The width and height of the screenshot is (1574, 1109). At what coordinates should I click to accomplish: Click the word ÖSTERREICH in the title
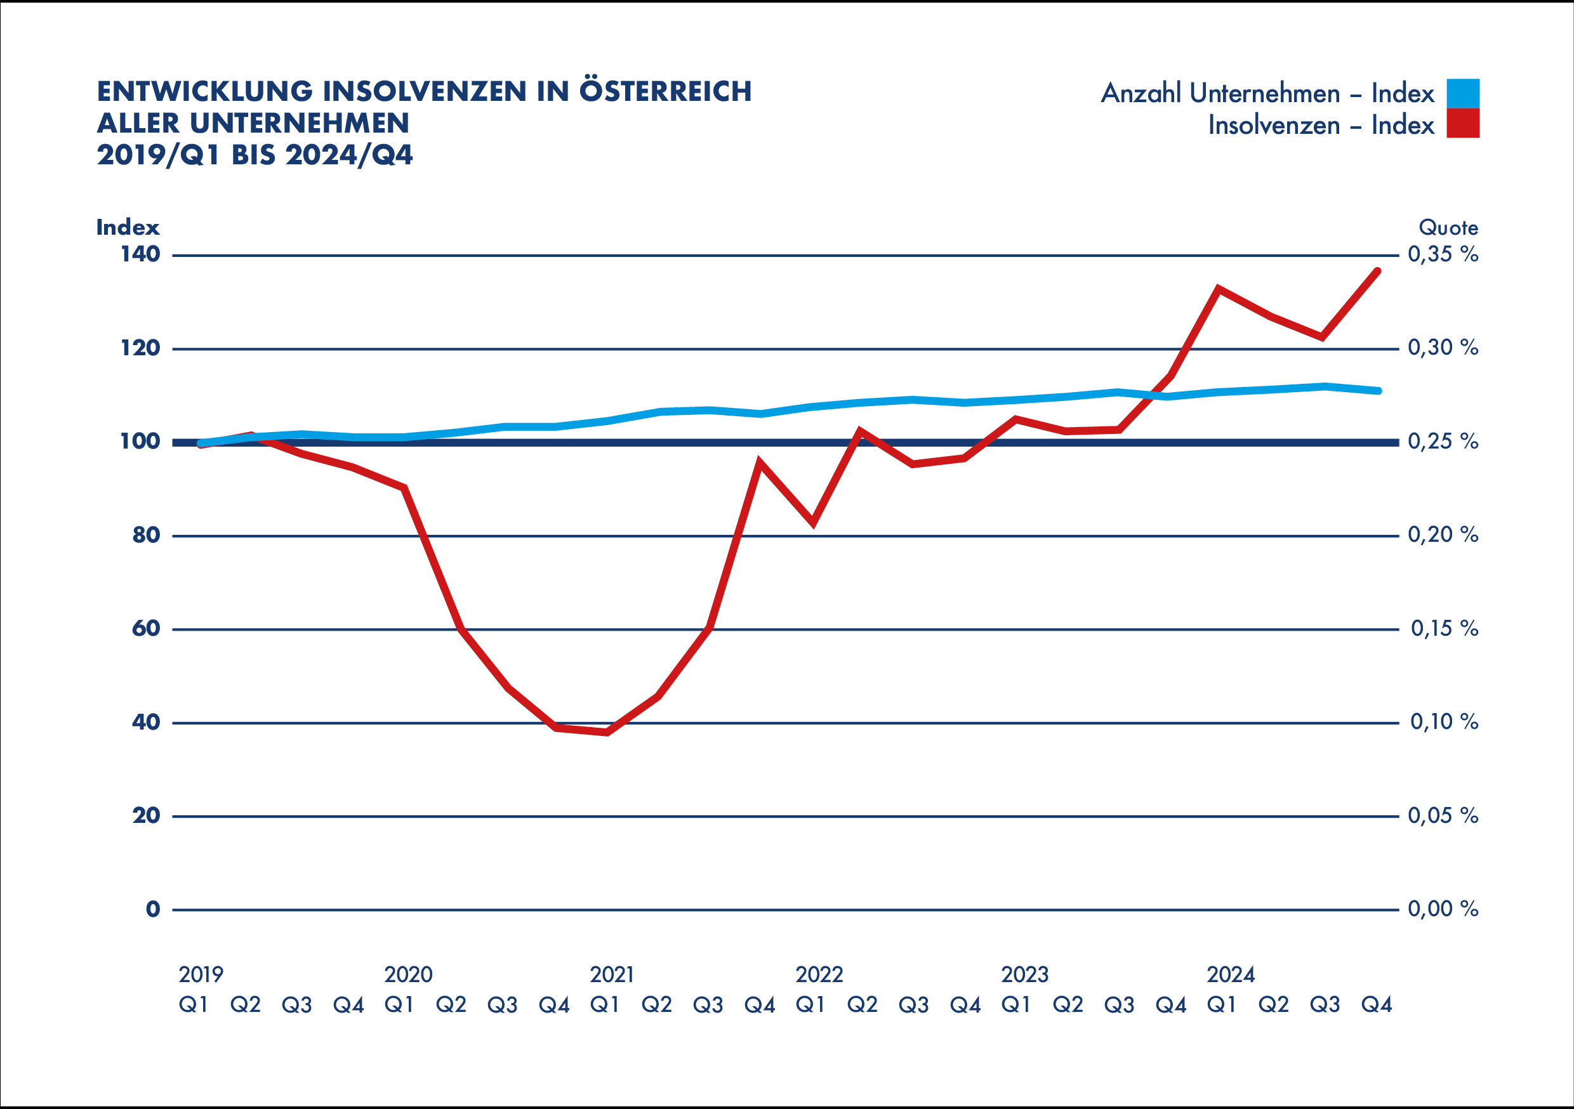click(665, 92)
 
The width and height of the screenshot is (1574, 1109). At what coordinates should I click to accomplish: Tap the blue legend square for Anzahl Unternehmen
click(1462, 93)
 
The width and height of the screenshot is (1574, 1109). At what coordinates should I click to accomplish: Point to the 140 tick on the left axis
click(140, 255)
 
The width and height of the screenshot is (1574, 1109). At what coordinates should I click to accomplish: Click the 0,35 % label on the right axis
click(1443, 255)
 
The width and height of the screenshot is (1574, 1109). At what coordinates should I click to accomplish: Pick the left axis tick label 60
click(145, 629)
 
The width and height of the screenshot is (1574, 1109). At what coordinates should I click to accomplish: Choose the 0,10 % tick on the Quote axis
click(1444, 722)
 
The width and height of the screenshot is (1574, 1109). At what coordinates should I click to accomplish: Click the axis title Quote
click(1448, 228)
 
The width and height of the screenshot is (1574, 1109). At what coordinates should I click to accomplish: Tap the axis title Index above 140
click(128, 228)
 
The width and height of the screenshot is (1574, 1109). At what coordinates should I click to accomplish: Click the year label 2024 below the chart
click(1231, 974)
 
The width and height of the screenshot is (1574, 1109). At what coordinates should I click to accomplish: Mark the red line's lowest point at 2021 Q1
click(607, 732)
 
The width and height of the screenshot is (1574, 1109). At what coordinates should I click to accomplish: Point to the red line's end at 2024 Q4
click(1378, 272)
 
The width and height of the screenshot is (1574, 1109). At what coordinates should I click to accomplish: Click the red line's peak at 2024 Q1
click(1218, 289)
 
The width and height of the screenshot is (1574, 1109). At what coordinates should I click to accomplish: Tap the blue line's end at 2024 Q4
click(1379, 391)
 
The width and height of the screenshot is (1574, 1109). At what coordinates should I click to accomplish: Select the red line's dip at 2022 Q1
click(813, 523)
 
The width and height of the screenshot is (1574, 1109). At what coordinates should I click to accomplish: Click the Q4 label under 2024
click(1377, 1005)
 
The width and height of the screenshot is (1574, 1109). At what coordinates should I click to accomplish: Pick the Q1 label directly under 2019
click(194, 1005)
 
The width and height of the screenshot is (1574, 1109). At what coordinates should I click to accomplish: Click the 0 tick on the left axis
click(153, 910)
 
